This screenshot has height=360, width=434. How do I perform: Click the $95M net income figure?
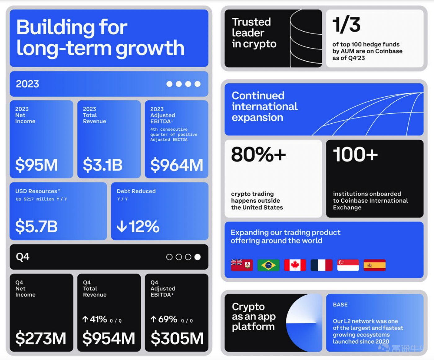pyautogui.click(x=37, y=165)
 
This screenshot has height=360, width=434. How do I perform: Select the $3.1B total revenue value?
pyautogui.click(x=103, y=165)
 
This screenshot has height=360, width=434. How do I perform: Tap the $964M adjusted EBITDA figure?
pyautogui.click(x=177, y=165)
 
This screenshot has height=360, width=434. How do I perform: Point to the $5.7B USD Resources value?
pyautogui.click(x=36, y=226)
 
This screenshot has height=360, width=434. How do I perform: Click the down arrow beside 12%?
pyautogui.click(x=122, y=226)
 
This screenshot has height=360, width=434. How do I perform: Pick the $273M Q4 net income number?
pyautogui.click(x=41, y=338)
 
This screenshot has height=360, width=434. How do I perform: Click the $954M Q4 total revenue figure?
pyautogui.click(x=109, y=338)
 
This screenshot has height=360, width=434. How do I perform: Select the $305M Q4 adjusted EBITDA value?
pyautogui.click(x=177, y=338)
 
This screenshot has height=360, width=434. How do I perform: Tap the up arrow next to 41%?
pyautogui.click(x=85, y=319)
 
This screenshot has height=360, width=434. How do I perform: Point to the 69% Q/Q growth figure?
pyautogui.click(x=168, y=319)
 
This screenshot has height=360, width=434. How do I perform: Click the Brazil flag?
pyautogui.click(x=268, y=265)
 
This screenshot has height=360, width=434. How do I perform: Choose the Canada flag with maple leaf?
pyautogui.click(x=295, y=265)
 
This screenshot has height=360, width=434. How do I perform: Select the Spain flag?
pyautogui.click(x=374, y=265)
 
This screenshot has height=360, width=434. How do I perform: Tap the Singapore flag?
pyautogui.click(x=348, y=265)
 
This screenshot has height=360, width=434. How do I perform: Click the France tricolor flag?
pyautogui.click(x=321, y=265)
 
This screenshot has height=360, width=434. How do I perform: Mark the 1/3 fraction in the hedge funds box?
pyautogui.click(x=347, y=25)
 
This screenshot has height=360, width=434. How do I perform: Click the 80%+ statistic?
pyautogui.click(x=258, y=154)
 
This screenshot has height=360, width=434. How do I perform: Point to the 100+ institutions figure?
pyautogui.click(x=356, y=154)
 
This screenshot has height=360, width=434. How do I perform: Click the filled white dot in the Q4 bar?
pyautogui.click(x=197, y=257)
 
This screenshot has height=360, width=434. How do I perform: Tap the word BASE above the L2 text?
pyautogui.click(x=340, y=305)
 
